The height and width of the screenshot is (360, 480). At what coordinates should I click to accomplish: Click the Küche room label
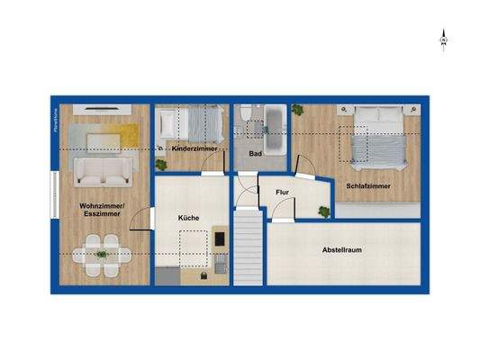pos(188,218)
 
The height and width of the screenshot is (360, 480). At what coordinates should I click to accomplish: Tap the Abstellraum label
pos(344,250)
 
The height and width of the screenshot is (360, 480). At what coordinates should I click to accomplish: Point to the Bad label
pos(255,154)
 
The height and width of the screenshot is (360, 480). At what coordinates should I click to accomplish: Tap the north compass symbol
pos(443,39)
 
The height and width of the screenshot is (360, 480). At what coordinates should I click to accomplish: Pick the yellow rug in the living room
pos(113,136)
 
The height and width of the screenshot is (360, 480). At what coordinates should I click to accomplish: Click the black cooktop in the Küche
pos(220,238)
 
